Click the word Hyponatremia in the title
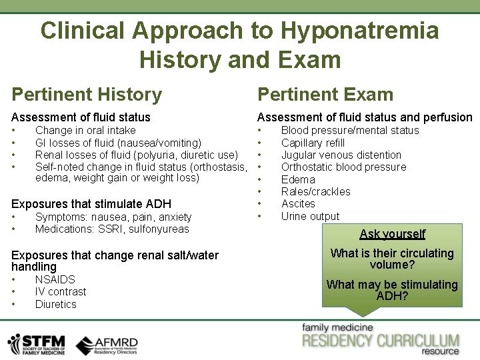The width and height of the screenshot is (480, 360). click(x=359, y=31)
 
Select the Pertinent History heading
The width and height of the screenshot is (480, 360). click(x=87, y=95)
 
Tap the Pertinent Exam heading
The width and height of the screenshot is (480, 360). click(x=325, y=95)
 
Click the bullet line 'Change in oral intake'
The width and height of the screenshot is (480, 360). click(x=85, y=131)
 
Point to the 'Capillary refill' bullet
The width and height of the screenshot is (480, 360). click(x=313, y=143)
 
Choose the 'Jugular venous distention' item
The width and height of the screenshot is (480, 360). click(x=341, y=155)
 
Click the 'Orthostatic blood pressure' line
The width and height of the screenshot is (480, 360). click(x=343, y=167)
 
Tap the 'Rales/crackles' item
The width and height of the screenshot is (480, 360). click(x=315, y=191)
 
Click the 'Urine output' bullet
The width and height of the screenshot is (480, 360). click(x=310, y=216)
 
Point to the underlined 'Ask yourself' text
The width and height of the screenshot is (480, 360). click(x=392, y=234)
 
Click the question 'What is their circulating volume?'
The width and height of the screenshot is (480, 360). click(x=392, y=259)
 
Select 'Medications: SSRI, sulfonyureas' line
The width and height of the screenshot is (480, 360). click(x=112, y=229)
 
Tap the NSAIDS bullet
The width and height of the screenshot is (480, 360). click(x=55, y=280)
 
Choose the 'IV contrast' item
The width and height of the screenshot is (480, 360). click(x=61, y=292)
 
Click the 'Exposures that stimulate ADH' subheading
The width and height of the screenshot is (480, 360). click(x=91, y=204)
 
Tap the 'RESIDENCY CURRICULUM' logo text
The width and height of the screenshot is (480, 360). click(x=381, y=341)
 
